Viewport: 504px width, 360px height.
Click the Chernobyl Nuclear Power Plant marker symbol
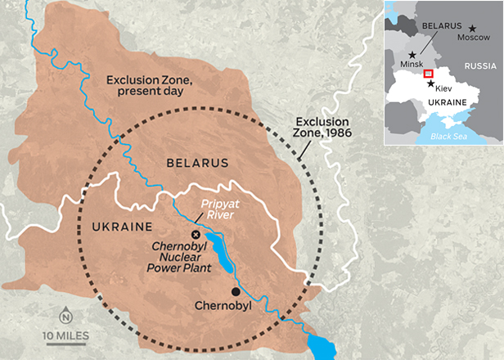coord(195,235)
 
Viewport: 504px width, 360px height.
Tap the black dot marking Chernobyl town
coord(236,291)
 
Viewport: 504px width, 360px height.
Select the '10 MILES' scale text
coord(66,335)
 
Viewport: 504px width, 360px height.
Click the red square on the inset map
coord(428,76)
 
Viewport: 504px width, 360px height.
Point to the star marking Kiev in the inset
coord(430,84)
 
